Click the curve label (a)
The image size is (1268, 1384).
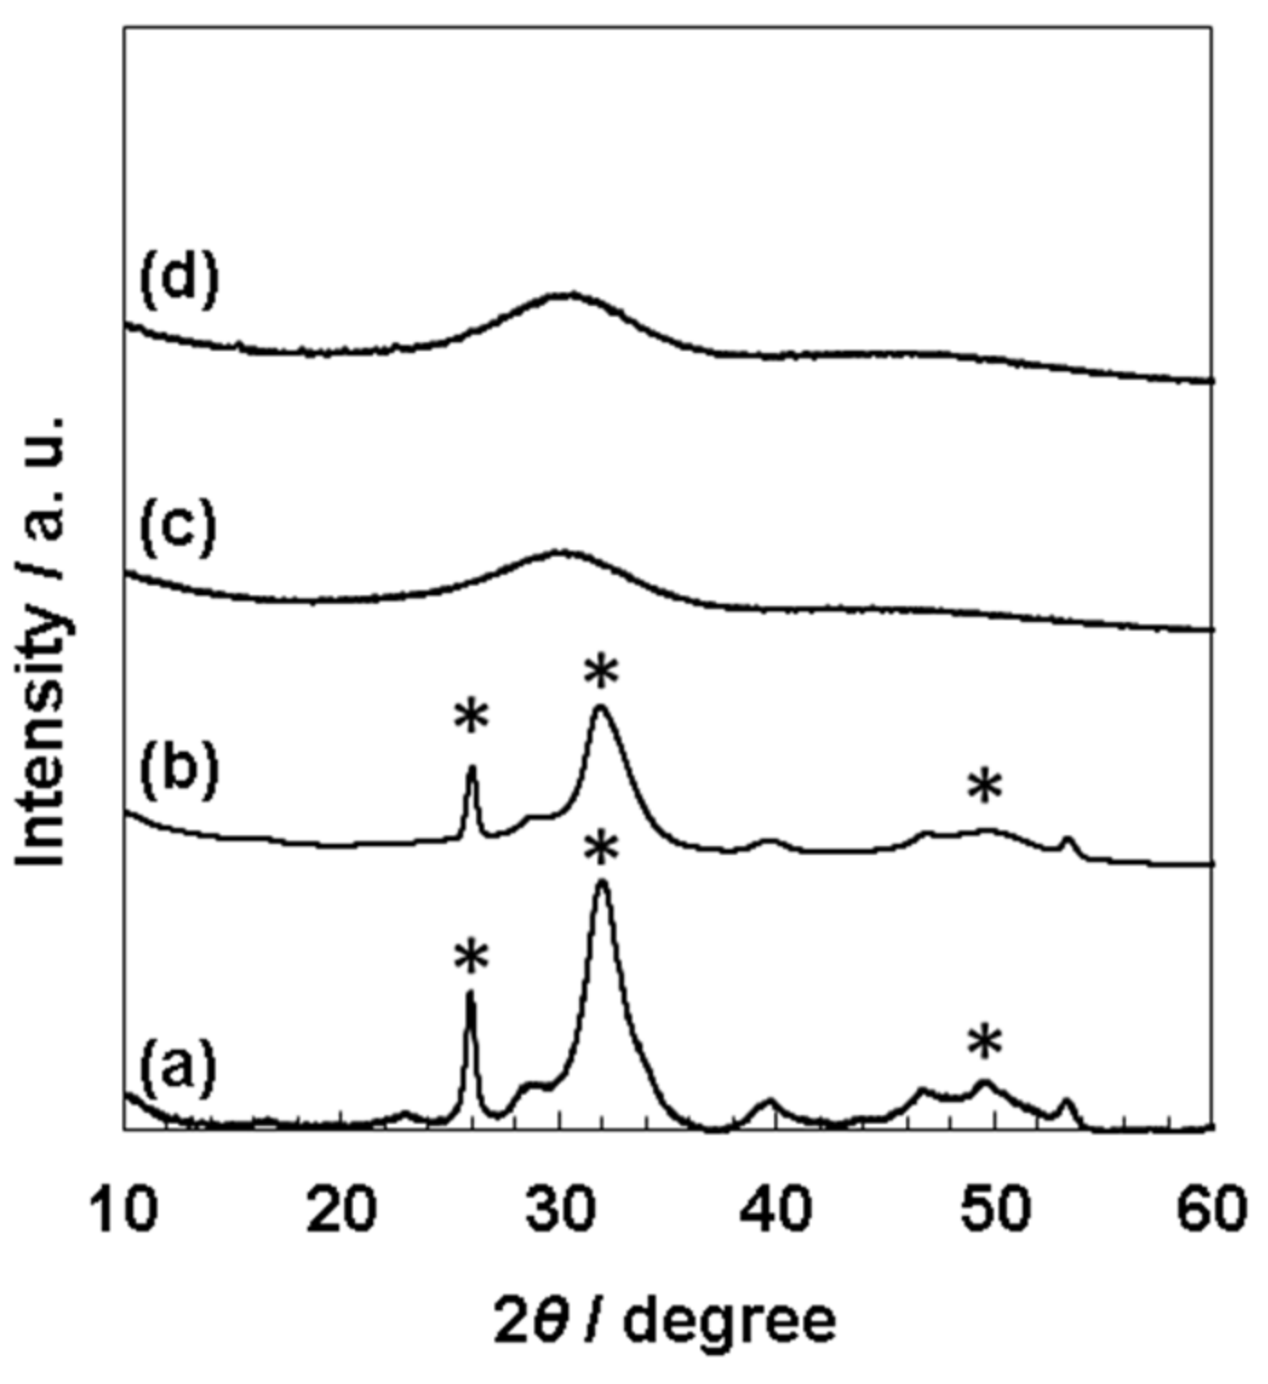[178, 1069]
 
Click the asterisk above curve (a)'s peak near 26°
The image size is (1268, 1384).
[471, 957]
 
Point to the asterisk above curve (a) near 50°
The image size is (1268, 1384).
[984, 1043]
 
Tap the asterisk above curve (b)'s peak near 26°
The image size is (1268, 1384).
[471, 717]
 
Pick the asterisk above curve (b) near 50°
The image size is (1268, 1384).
[984, 787]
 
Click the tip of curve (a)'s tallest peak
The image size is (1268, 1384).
[602, 882]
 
